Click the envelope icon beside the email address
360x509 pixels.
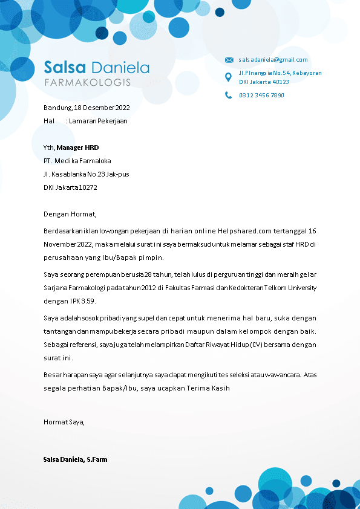click(229, 60)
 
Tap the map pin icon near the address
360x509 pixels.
click(228, 77)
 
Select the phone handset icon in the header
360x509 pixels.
click(228, 95)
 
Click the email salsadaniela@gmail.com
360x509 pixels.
click(273, 60)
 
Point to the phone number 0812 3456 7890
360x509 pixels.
click(261, 95)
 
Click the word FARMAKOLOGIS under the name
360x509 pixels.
click(87, 82)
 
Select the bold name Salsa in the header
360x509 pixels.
click(65, 66)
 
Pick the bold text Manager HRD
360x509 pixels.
click(77, 148)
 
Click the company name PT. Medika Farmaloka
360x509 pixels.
click(77, 161)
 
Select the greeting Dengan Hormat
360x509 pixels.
click(70, 214)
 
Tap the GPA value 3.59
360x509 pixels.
click(88, 300)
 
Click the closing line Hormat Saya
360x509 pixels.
click(64, 422)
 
